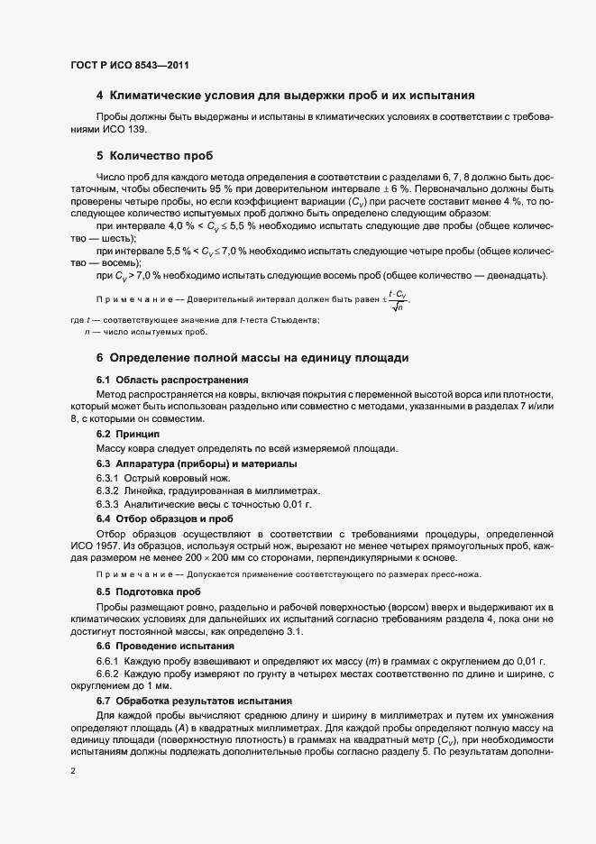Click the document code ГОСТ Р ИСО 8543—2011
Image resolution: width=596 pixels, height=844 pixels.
point(128,64)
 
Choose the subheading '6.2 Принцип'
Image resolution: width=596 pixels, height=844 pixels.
point(127,435)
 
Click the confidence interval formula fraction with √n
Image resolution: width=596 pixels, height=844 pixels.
point(396,301)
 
